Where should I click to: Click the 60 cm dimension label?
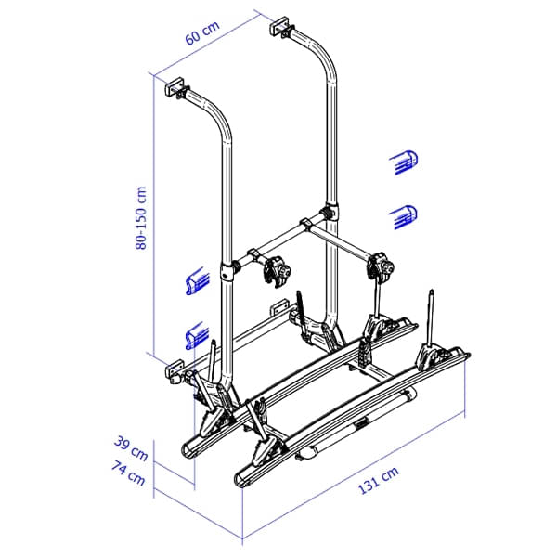click(x=201, y=36)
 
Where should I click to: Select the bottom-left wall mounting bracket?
click(x=174, y=369)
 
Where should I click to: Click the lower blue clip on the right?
click(x=401, y=215)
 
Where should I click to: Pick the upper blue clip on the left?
click(x=195, y=281)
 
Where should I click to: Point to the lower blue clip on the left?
click(x=194, y=331)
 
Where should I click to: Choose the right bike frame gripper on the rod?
click(x=383, y=266)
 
